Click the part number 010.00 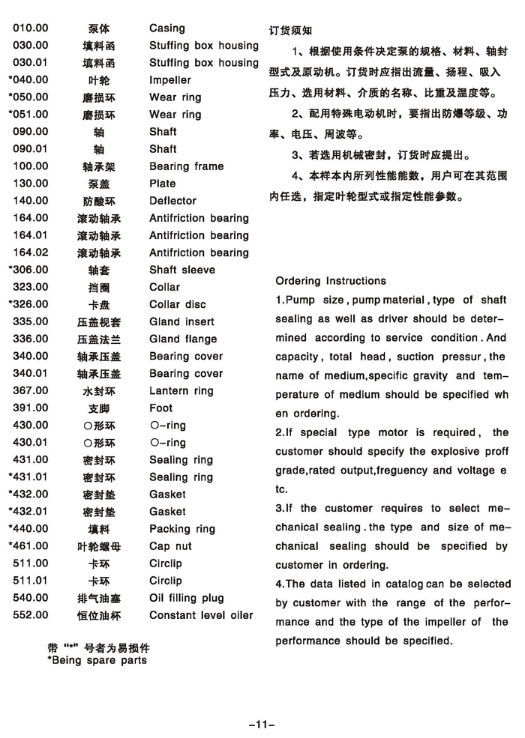point(31,28)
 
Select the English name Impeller point(170,80)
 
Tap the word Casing point(167,28)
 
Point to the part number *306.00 point(28,270)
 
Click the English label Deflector point(172,201)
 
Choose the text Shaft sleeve point(182,270)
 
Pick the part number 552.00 point(31,615)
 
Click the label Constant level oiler point(201,615)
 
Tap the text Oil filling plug point(187,598)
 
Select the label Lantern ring point(181,390)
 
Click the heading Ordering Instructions point(331,281)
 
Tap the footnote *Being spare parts point(97,660)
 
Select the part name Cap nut point(170,546)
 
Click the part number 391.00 point(31,408)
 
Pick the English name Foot point(160,408)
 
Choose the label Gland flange point(183,339)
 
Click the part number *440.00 point(28,528)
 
